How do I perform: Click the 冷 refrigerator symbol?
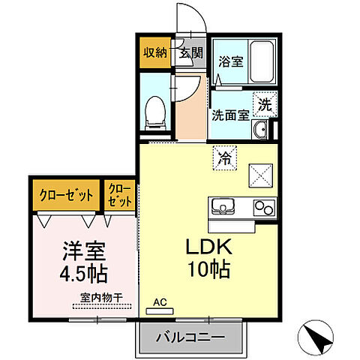coord(224,157)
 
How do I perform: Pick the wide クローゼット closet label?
coord(67,195)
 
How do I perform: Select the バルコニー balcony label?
coord(190,337)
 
